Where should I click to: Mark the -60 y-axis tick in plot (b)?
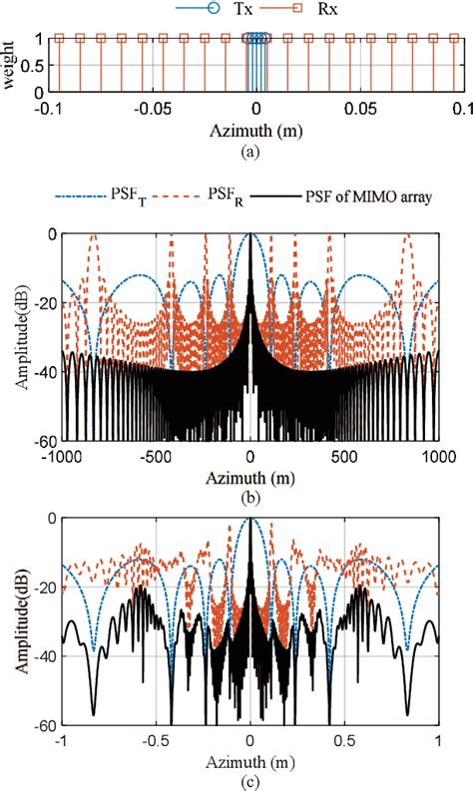point(39,440)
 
